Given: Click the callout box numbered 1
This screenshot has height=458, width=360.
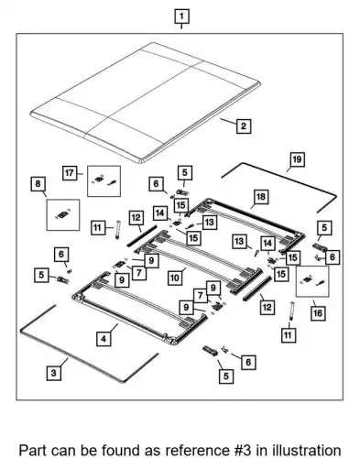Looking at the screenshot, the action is [x=181, y=16].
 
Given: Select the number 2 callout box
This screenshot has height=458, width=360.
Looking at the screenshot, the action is [x=244, y=126].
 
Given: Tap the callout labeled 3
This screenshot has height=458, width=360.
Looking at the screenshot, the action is [x=54, y=373].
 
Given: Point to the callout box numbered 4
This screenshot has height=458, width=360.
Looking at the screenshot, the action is [x=104, y=339].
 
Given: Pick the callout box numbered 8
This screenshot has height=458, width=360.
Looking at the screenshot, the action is [x=38, y=184].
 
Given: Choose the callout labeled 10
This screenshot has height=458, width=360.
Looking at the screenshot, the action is [x=175, y=278].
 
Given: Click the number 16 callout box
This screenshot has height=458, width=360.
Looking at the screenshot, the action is [x=318, y=313].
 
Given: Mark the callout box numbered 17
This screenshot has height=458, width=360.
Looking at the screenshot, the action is [x=70, y=173].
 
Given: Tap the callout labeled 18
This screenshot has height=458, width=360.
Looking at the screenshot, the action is [x=261, y=197].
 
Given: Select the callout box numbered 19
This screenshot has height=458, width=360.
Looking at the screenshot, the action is [x=297, y=159].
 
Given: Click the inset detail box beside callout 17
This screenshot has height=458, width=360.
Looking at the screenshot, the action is [x=104, y=181].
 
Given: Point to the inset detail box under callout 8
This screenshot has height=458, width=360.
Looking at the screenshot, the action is [x=63, y=215].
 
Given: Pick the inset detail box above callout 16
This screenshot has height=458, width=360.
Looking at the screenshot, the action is [x=312, y=281].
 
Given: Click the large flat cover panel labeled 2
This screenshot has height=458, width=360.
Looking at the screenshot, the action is [x=146, y=103].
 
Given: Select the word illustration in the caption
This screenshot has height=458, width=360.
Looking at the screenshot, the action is [x=307, y=451].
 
